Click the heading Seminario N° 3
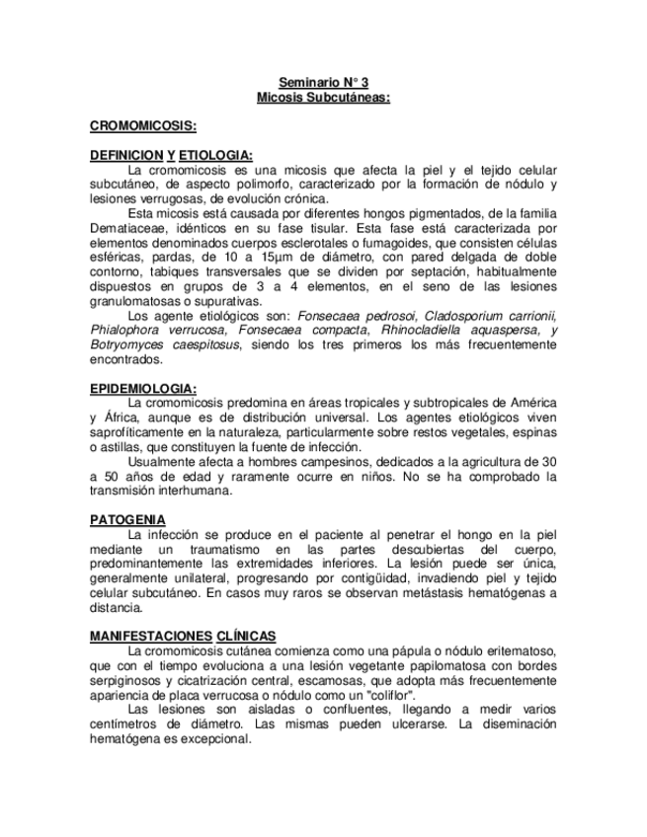(x=323, y=84)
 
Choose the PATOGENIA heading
(x=127, y=519)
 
